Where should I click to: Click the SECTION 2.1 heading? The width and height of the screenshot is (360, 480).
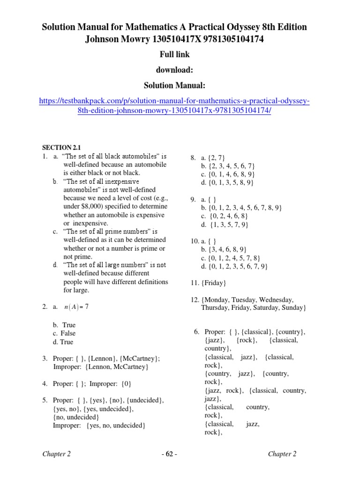[x=62, y=147]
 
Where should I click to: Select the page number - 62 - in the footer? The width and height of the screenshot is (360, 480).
[x=169, y=454]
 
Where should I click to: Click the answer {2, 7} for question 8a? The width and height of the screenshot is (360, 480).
[x=219, y=157]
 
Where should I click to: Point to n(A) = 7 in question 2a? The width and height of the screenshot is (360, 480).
[x=76, y=307]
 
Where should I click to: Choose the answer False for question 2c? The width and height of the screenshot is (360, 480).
[x=67, y=333]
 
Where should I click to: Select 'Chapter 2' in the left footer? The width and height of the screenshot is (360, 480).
[x=57, y=454]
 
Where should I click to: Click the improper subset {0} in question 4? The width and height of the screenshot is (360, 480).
[x=126, y=384]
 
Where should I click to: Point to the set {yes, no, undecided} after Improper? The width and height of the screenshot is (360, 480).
[x=116, y=426]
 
